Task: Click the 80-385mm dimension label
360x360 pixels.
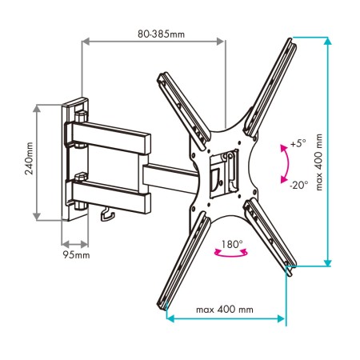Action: pyautogui.click(x=161, y=34)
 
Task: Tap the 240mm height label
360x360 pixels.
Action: pyautogui.click(x=29, y=158)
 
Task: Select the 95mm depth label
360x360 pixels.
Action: pyautogui.click(x=76, y=255)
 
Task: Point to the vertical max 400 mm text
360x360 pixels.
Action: pyautogui.click(x=319, y=162)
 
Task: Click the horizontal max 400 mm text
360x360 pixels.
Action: pyautogui.click(x=225, y=310)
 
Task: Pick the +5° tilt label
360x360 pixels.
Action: pyautogui.click(x=298, y=143)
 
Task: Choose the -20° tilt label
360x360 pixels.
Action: pyautogui.click(x=298, y=185)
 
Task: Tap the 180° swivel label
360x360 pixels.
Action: pyautogui.click(x=232, y=244)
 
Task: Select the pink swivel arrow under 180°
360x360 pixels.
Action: pyautogui.click(x=231, y=255)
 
